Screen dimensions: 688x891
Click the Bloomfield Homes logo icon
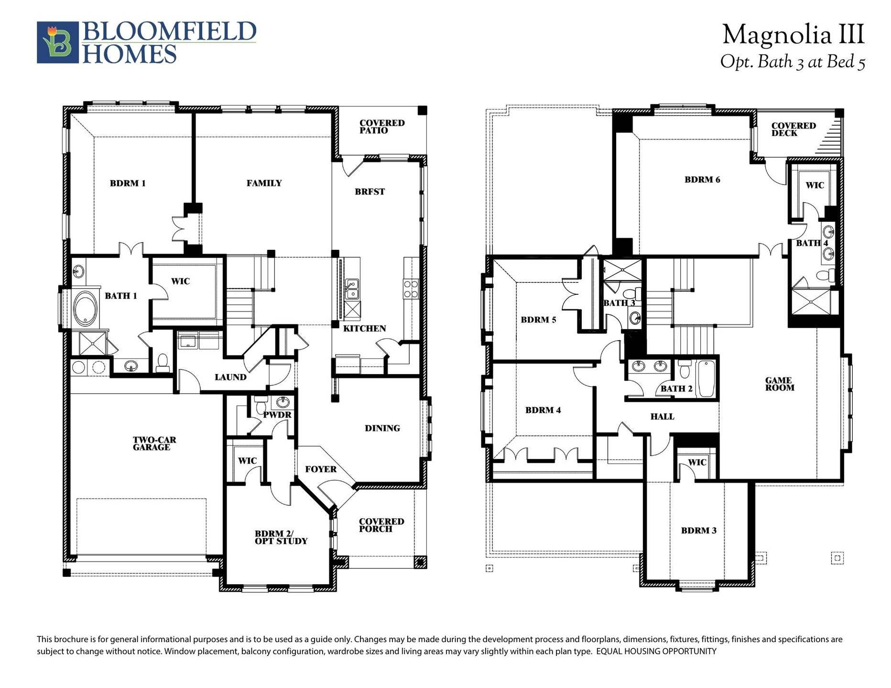[58, 42]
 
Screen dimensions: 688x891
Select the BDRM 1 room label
[128, 183]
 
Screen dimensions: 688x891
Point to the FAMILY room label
[264, 183]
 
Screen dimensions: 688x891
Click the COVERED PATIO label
[381, 127]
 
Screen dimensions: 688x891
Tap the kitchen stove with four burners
[411, 289]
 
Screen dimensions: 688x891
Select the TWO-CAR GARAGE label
[152, 443]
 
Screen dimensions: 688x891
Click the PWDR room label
[278, 415]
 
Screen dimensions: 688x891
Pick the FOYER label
[321, 469]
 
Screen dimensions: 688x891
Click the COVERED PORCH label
[381, 525]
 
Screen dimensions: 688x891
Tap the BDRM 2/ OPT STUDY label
[281, 537]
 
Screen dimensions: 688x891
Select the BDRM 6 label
[702, 180]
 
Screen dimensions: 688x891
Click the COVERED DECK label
[793, 129]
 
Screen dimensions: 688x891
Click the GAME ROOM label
[779, 384]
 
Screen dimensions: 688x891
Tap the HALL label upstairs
[662, 417]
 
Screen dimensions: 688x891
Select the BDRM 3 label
[698, 530]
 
